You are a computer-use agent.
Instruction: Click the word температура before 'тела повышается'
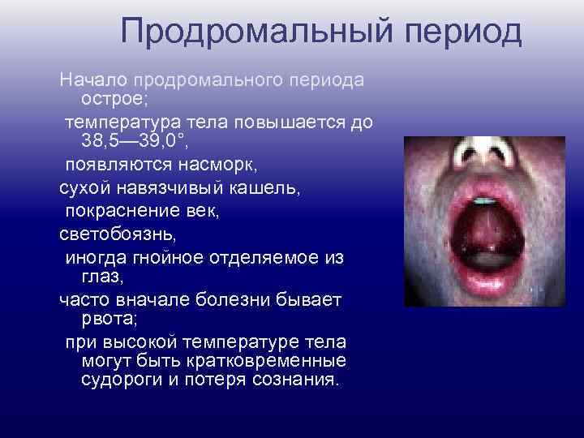click(x=128, y=123)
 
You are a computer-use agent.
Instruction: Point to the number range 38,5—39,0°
click(x=146, y=141)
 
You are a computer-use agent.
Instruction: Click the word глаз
click(x=101, y=277)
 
